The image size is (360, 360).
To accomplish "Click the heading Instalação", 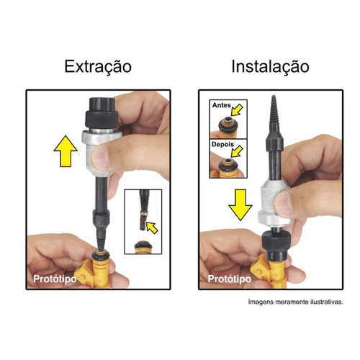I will click(x=269, y=67).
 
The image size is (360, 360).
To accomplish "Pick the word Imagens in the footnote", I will click(x=263, y=302).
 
